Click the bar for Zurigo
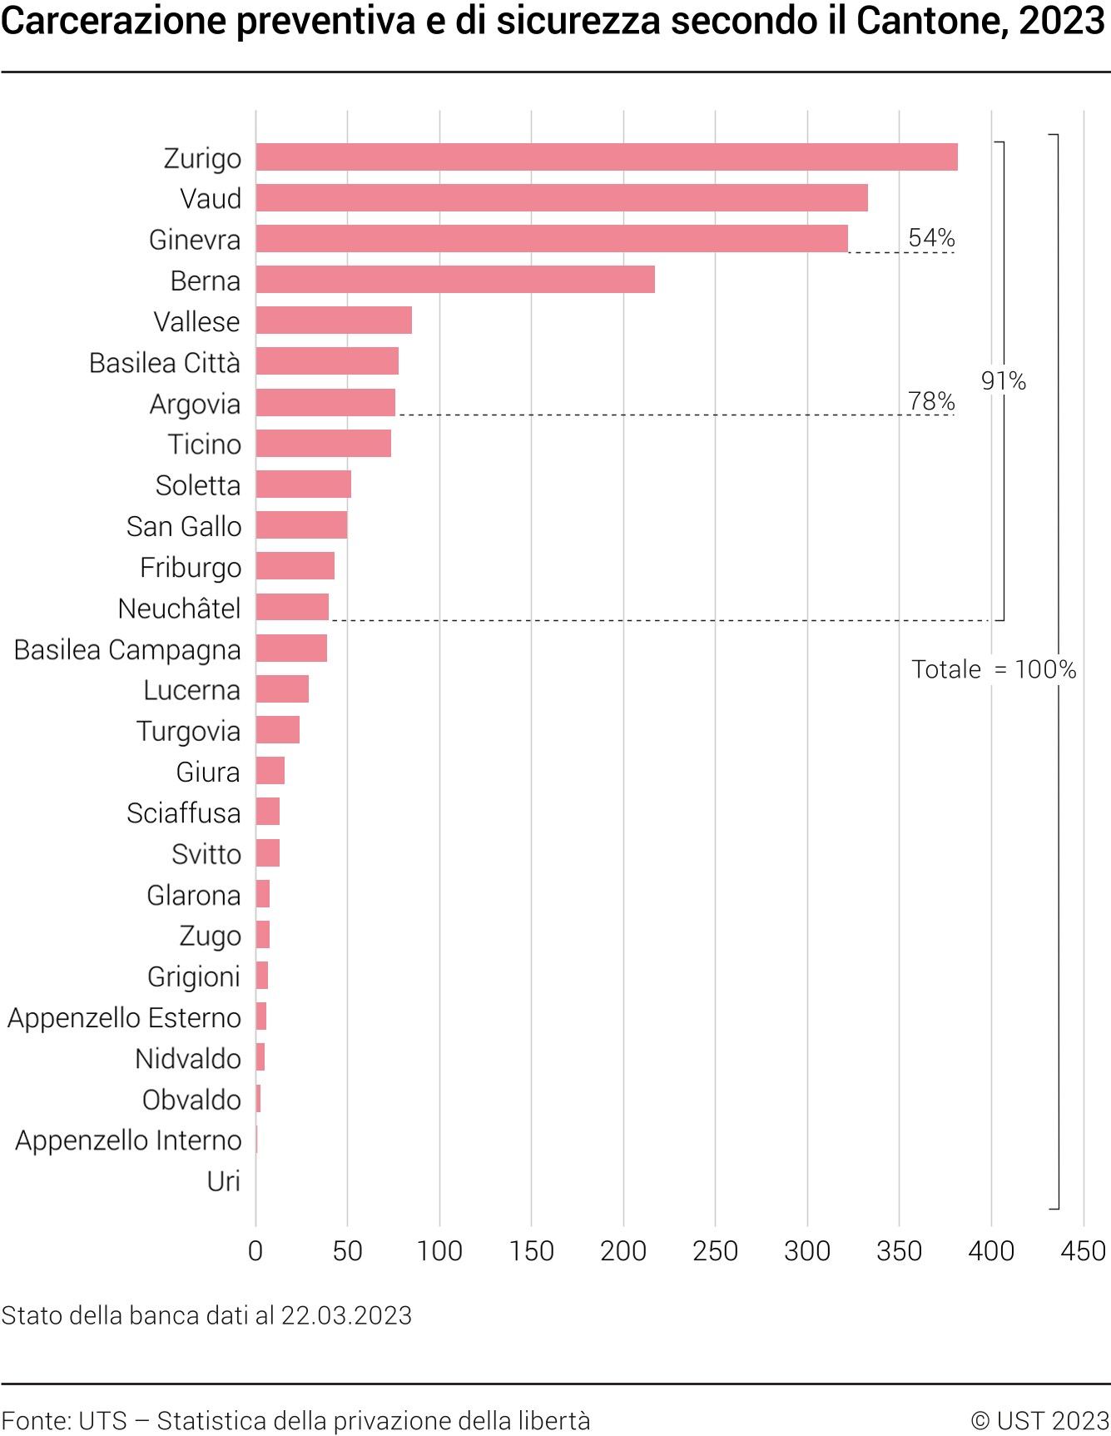tap(607, 157)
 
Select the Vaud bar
tap(562, 198)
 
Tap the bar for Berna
tap(455, 280)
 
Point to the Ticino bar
tap(324, 444)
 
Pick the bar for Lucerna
tap(282, 689)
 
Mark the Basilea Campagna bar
tap(291, 648)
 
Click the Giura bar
tap(270, 771)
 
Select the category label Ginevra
tap(195, 240)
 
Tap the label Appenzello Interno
tap(128, 1140)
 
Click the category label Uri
tap(223, 1181)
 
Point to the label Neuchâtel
tap(180, 609)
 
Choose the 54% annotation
tap(931, 238)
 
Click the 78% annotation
tap(931, 401)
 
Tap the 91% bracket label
tap(1004, 381)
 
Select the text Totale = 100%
tap(994, 669)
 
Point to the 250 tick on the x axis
tap(716, 1250)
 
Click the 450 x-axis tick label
tap(1084, 1250)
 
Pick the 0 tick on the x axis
tap(255, 1250)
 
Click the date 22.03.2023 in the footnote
tap(346, 1315)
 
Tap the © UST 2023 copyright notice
tap(1040, 1420)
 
